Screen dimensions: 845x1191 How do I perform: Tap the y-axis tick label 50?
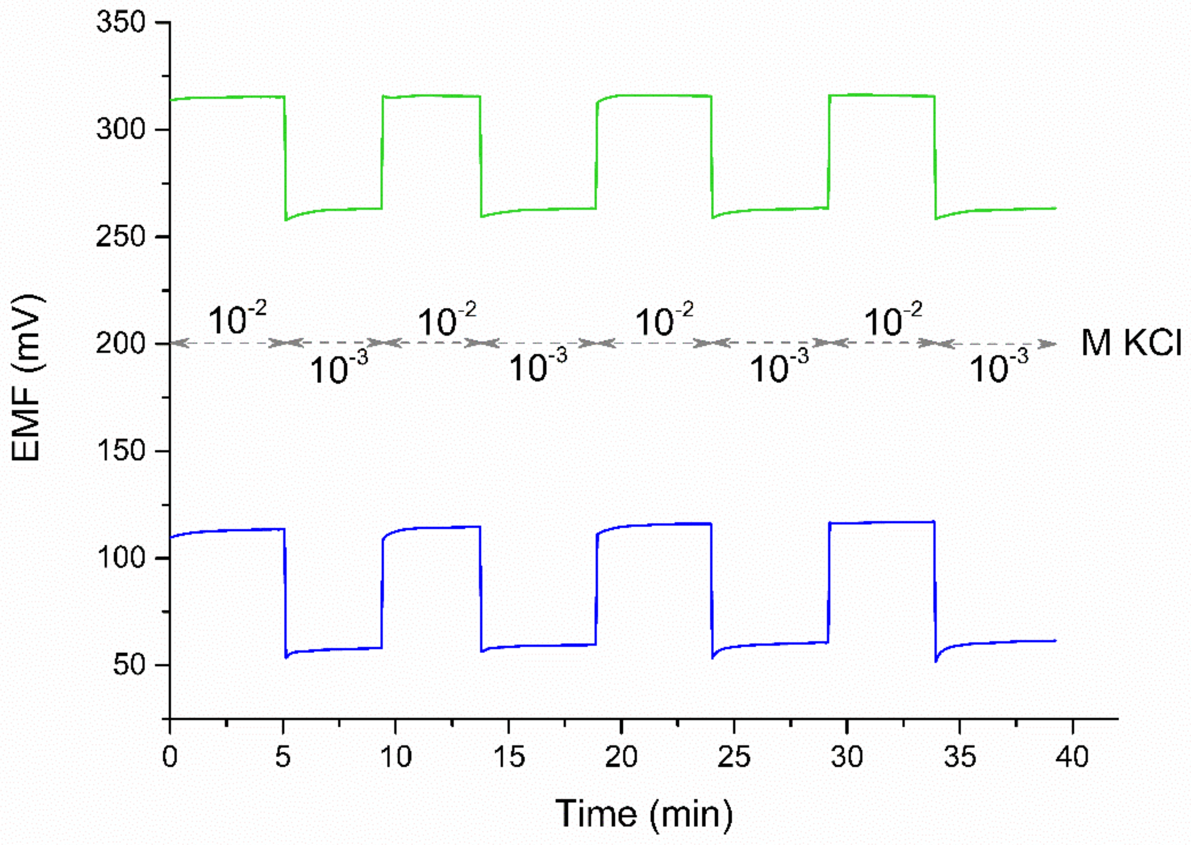click(x=128, y=665)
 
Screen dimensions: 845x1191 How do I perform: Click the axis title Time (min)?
click(x=644, y=813)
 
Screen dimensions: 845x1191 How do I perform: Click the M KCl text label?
click(x=1131, y=344)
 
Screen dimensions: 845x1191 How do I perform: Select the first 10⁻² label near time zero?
click(x=237, y=320)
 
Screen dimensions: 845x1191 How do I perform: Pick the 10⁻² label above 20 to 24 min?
click(x=664, y=320)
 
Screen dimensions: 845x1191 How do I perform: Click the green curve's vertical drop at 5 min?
click(x=285, y=156)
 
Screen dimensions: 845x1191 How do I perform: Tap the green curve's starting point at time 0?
click(x=171, y=100)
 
